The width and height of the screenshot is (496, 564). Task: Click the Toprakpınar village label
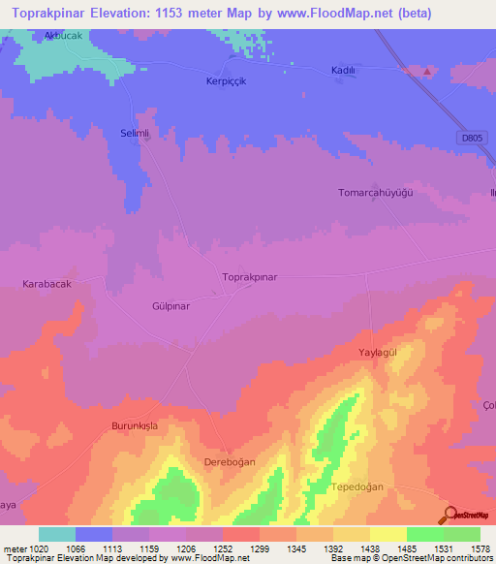(250, 277)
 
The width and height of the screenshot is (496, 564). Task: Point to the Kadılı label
(345, 71)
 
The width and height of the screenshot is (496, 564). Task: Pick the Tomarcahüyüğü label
(376, 193)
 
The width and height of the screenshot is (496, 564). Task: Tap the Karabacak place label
(47, 284)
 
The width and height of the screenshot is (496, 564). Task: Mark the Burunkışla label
(134, 426)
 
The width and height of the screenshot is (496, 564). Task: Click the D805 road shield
(471, 139)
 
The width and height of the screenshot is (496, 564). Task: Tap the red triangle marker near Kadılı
(425, 71)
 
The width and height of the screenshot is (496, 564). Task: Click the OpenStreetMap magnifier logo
(449, 516)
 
